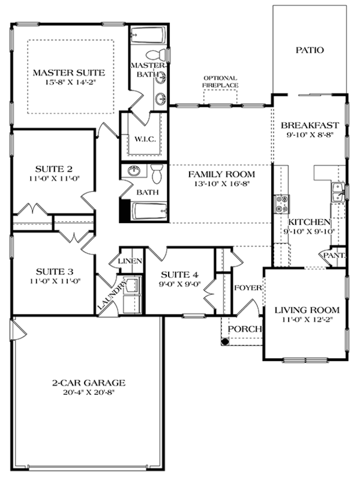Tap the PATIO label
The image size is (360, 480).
click(310, 50)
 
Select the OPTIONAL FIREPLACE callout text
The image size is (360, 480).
click(220, 82)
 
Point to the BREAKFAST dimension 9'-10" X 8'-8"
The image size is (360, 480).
click(310, 136)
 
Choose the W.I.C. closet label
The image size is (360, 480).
click(144, 139)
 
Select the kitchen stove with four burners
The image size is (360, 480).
click(281, 205)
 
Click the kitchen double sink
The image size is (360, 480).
click(335, 193)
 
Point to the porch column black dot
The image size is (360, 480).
click(226, 342)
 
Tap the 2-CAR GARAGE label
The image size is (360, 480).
click(88, 382)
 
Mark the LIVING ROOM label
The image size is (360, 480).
click(307, 310)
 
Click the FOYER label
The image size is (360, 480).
click(248, 288)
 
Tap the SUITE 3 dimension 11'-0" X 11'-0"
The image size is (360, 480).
click(53, 280)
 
